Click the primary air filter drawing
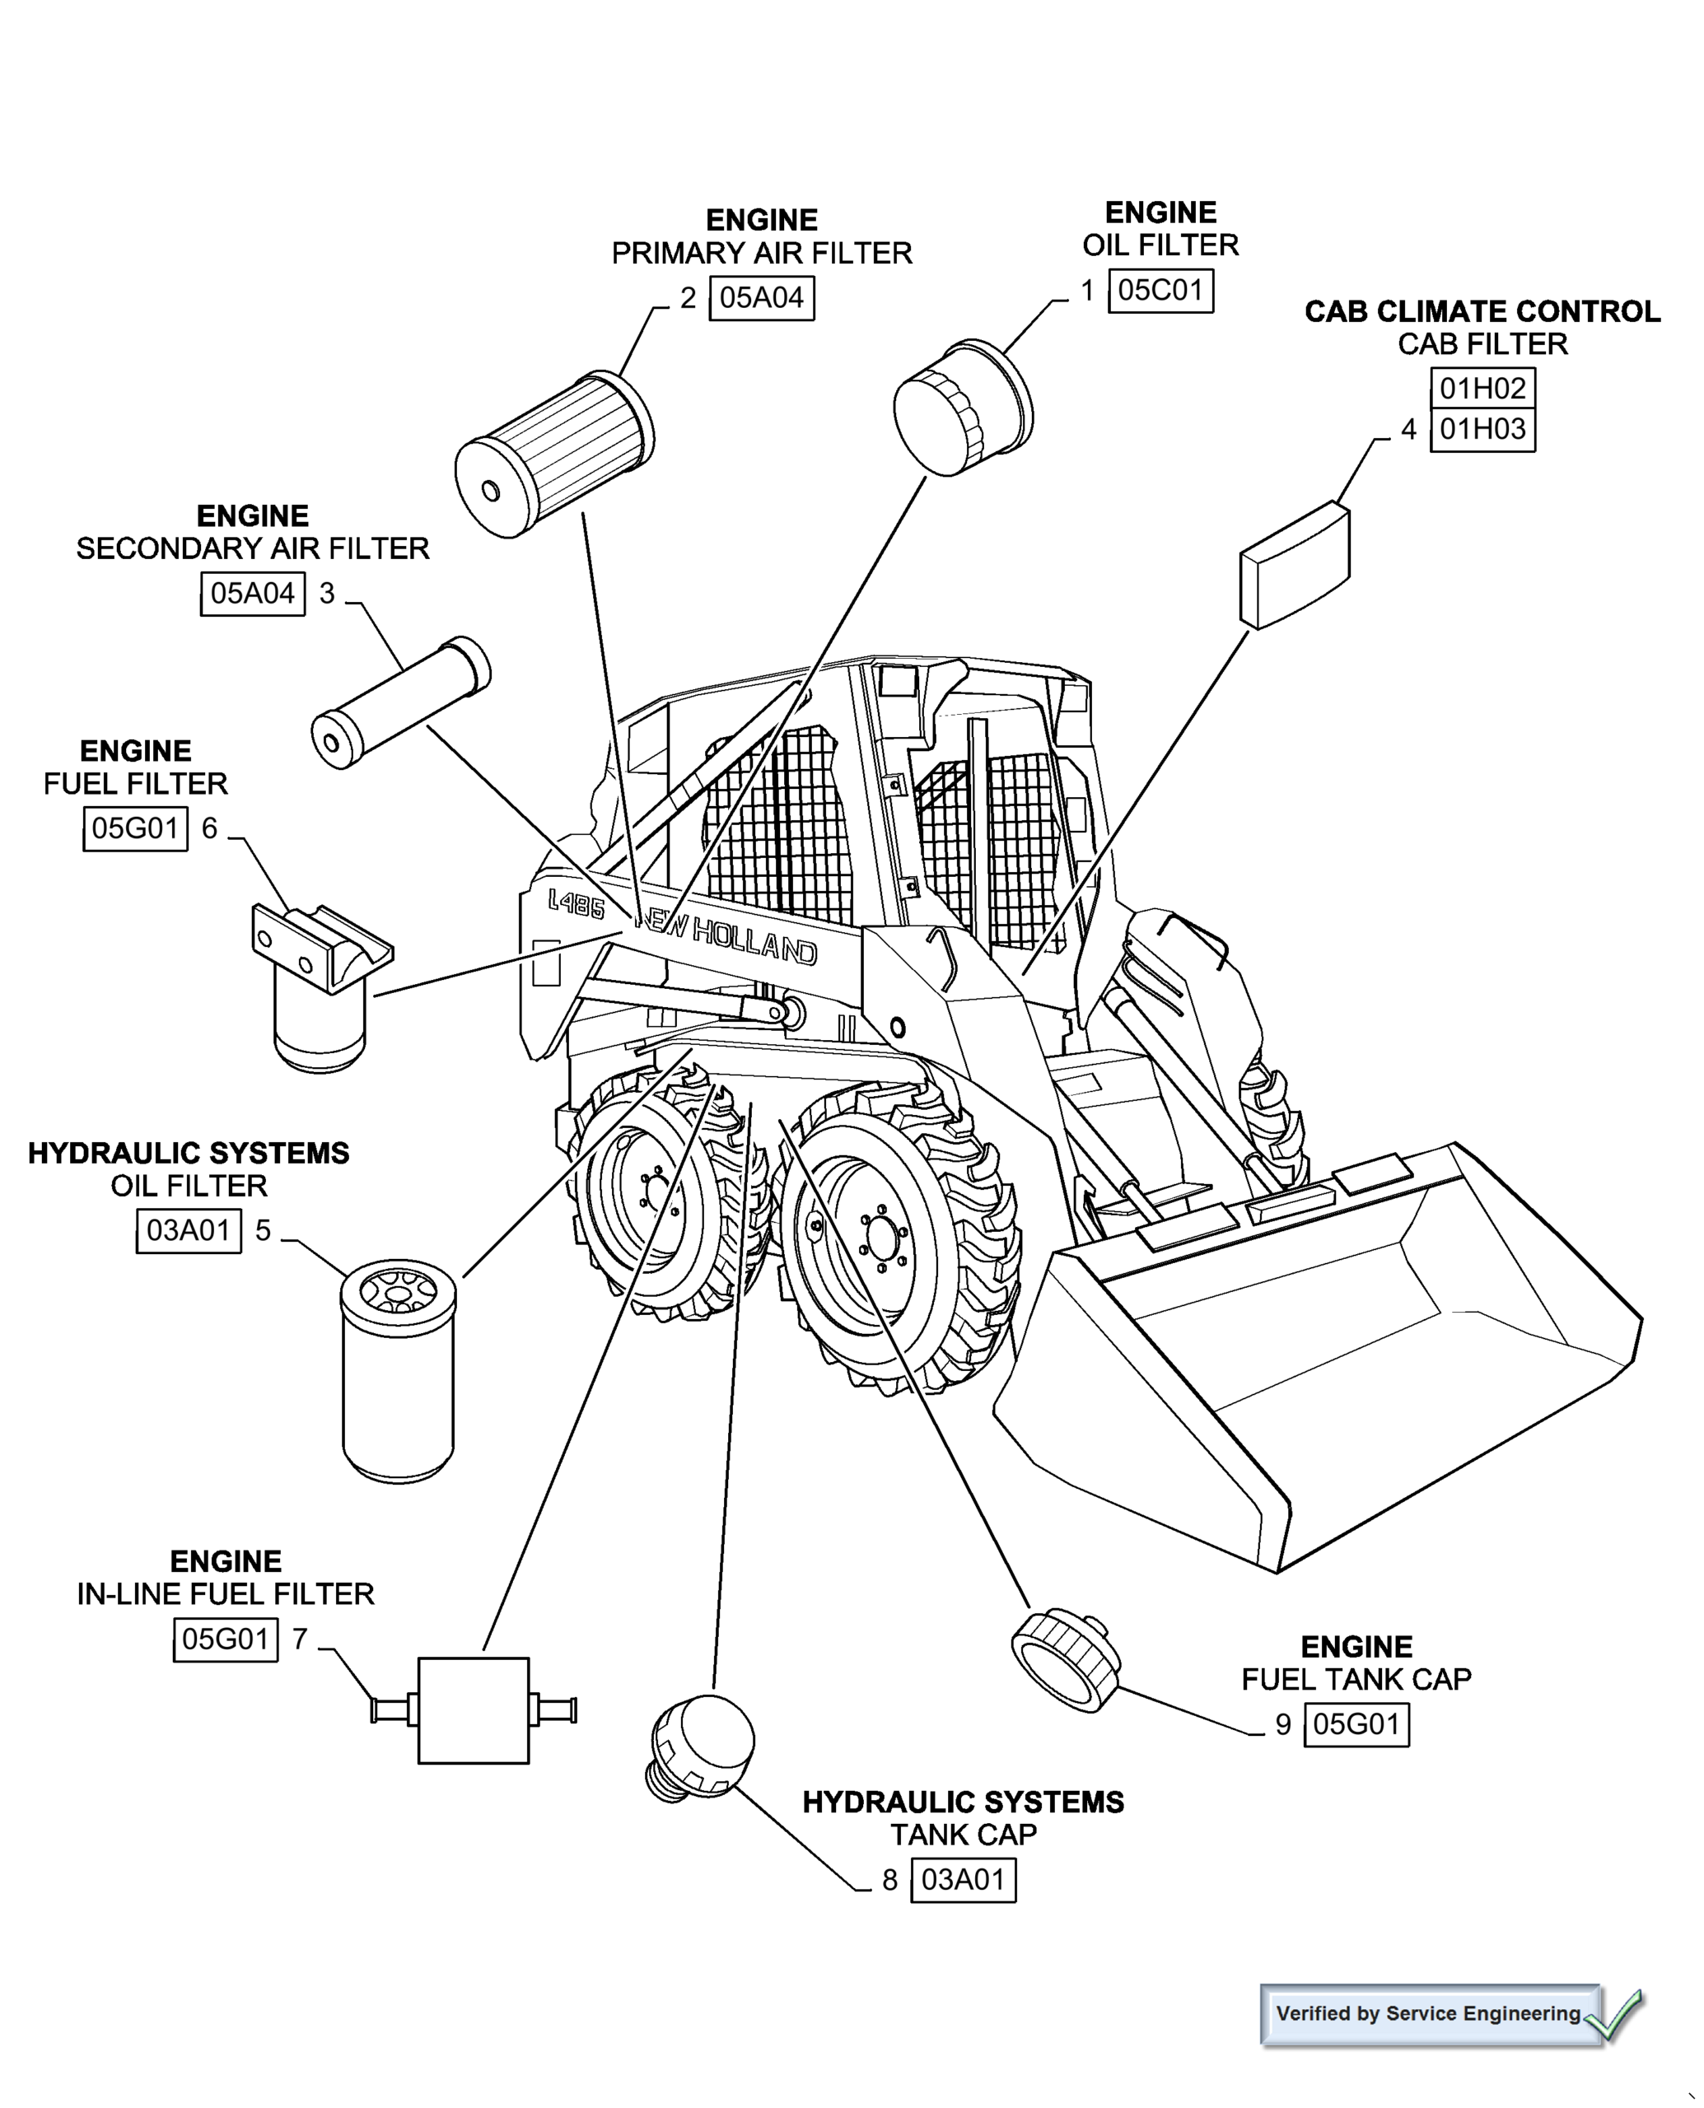click(554, 455)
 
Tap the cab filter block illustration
click(1296, 565)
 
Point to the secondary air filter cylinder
click(400, 702)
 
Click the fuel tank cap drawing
click(1065, 1662)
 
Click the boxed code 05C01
click(1160, 291)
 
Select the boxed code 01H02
click(1482, 389)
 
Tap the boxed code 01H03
click(1482, 430)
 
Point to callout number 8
click(889, 1881)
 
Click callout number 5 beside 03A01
click(263, 1231)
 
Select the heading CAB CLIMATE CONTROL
click(1482, 312)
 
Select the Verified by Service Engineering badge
click(1429, 2014)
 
